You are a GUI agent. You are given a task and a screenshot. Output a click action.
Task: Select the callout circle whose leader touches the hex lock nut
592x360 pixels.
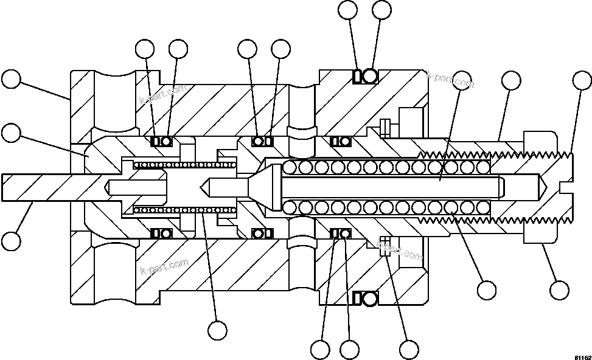[558, 289]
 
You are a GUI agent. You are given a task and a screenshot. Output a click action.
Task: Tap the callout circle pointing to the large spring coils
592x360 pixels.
[487, 289]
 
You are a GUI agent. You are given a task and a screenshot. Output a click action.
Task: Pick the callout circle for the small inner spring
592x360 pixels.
[217, 330]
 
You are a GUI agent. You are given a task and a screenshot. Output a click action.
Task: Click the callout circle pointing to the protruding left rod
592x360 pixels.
[11, 241]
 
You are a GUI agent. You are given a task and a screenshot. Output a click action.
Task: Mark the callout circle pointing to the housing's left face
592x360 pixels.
[11, 80]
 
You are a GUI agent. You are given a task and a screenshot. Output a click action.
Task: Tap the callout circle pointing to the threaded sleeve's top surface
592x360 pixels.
[510, 80]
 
